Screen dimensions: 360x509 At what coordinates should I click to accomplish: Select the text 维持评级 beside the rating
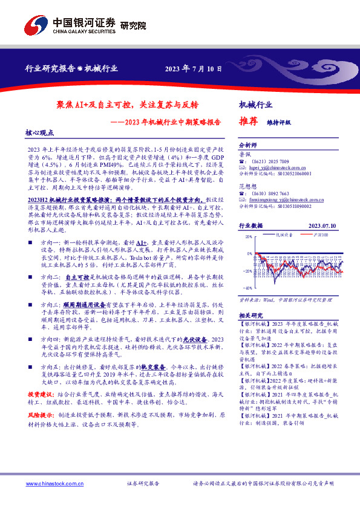(x=279, y=122)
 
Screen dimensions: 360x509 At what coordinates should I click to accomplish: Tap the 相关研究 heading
(x=250, y=316)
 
